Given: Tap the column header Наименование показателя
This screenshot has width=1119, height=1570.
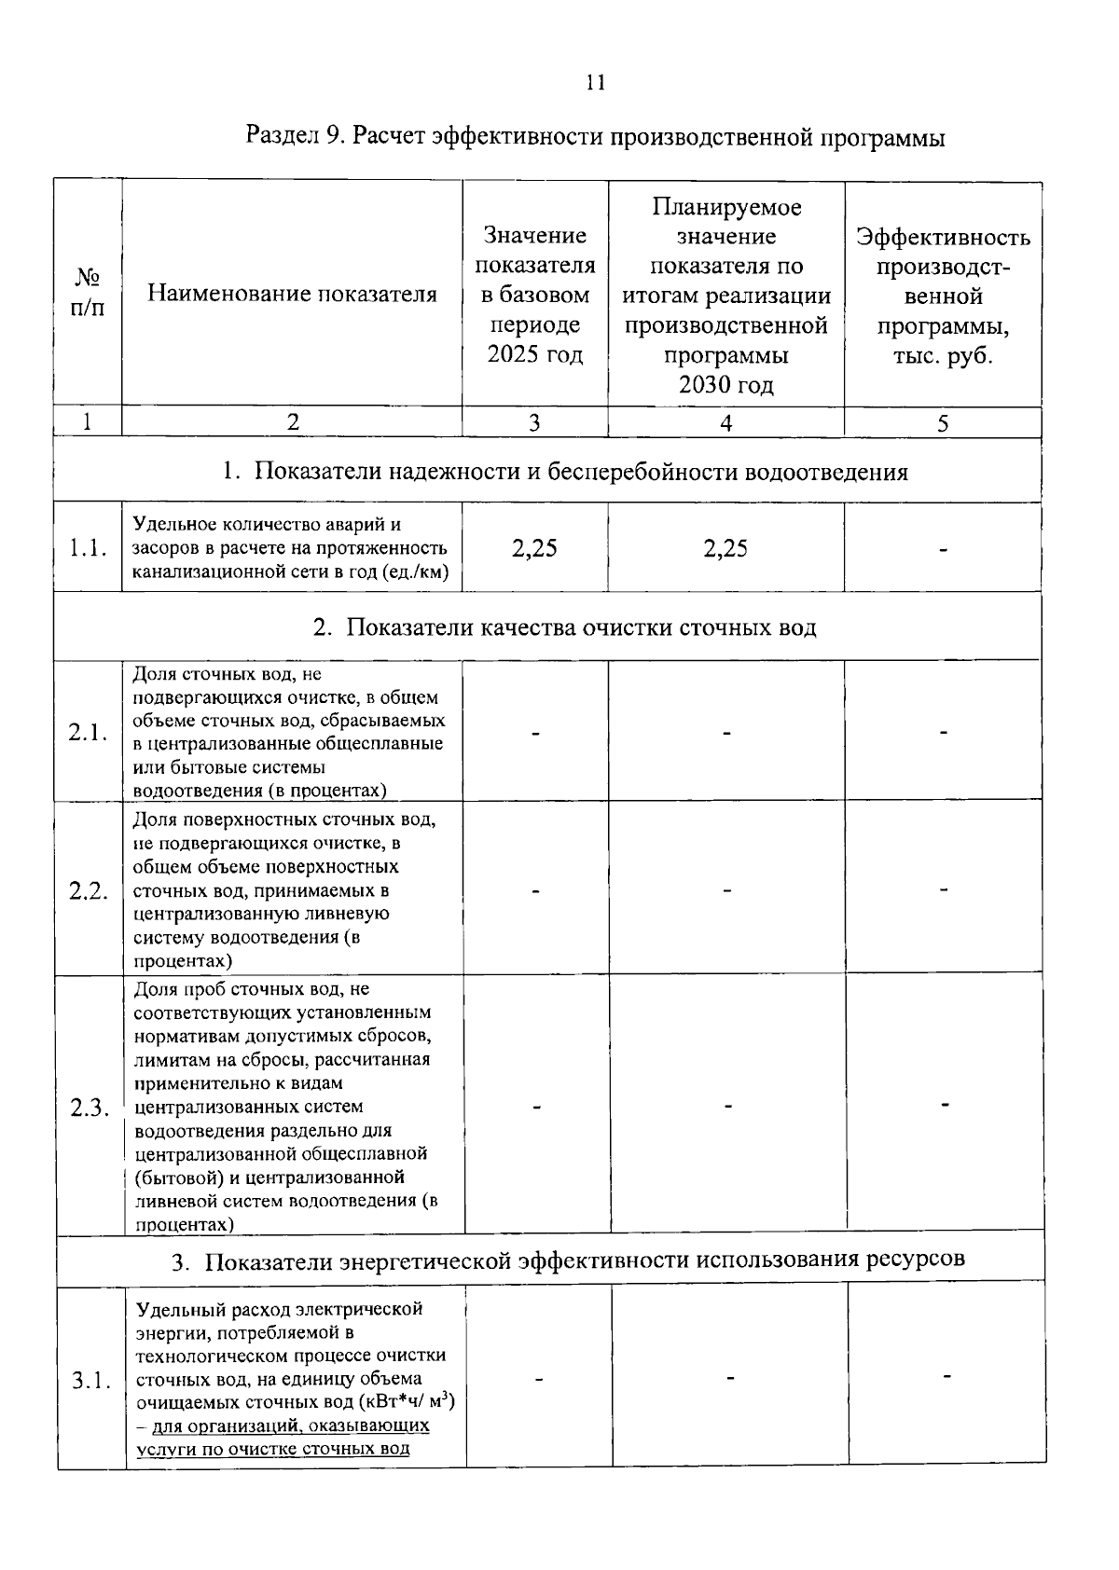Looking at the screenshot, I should (x=292, y=295).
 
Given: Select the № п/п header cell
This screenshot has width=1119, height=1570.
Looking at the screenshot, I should (x=88, y=293).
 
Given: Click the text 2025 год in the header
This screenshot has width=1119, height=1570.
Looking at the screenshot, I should (x=534, y=355).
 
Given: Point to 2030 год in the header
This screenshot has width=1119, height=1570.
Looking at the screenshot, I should (x=725, y=385).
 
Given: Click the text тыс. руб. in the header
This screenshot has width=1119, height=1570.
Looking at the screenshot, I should (x=943, y=357).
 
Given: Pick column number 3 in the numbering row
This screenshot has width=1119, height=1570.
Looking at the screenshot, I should (x=534, y=422).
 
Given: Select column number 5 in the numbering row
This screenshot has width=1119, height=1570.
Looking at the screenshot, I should (x=943, y=423).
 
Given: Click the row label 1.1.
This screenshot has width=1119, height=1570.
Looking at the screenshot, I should (x=88, y=548).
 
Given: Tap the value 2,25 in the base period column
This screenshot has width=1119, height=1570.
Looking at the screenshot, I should (x=534, y=548).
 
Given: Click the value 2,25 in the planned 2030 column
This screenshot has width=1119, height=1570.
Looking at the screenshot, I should (x=725, y=548).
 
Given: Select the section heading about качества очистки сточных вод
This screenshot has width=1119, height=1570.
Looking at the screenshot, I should (x=564, y=627).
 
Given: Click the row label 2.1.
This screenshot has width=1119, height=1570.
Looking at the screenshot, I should (x=88, y=733).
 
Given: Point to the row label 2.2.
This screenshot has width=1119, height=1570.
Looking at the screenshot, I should (x=88, y=890).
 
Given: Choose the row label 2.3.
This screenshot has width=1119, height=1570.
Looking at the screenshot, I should (x=90, y=1108).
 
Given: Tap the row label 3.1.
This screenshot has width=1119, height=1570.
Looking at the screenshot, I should (x=91, y=1381).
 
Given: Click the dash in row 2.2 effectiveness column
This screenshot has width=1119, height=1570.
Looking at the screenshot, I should (x=944, y=890).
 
